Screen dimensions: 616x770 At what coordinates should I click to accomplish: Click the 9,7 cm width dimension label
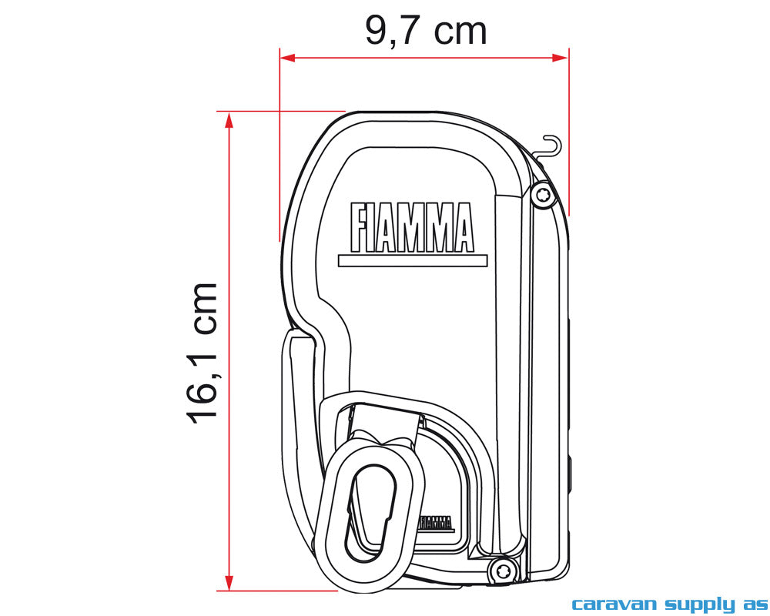(425, 31)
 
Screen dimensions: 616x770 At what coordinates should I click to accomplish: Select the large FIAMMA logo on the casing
(412, 228)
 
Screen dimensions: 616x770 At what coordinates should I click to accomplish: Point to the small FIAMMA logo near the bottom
(436, 523)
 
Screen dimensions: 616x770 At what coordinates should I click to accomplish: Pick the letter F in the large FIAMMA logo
(357, 228)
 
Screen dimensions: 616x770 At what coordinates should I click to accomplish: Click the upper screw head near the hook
(544, 195)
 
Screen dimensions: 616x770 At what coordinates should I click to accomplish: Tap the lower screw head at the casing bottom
(502, 571)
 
